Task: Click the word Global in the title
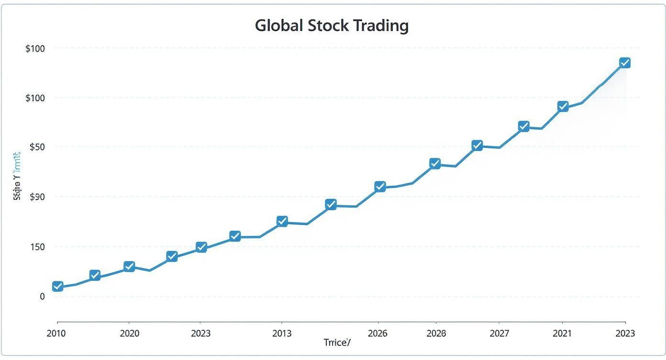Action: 279,25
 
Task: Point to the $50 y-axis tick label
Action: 37,147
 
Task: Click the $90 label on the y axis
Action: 37,197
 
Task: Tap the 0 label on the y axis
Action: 42,296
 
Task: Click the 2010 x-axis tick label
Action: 56,333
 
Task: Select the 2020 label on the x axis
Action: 130,333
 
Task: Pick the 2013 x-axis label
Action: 281,333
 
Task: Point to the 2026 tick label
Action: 377,333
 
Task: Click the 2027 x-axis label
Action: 499,333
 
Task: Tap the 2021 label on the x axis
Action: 562,333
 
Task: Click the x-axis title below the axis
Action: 337,343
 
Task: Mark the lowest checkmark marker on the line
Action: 57,286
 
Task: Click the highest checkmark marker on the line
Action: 624,63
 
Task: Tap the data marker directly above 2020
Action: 129,267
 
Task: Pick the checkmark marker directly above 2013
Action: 282,221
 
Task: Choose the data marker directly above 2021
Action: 563,106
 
